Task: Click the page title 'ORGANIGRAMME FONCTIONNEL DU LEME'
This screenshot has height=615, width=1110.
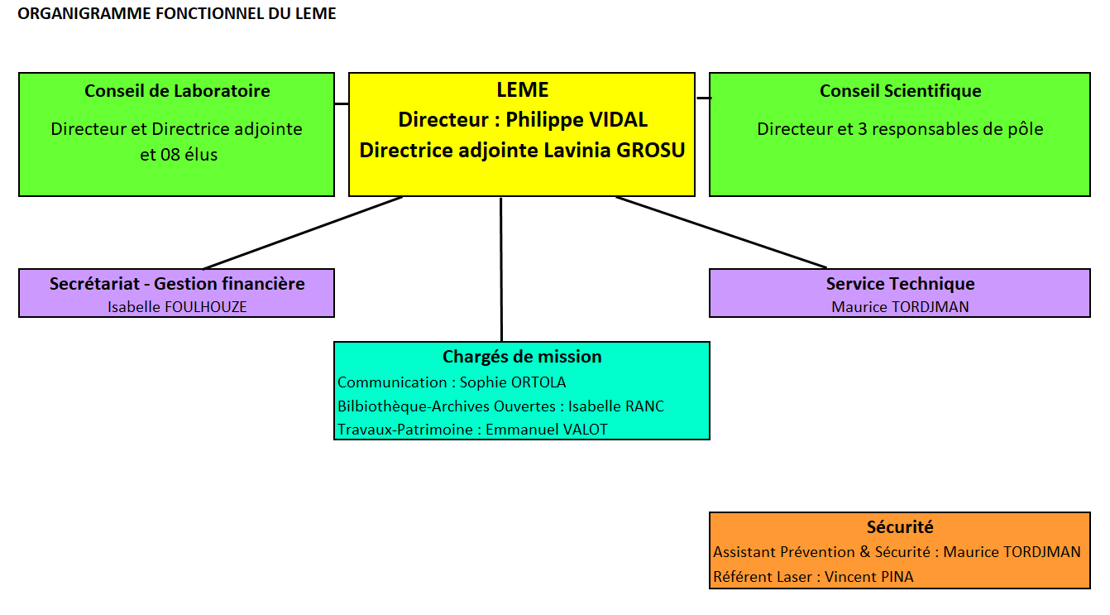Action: pyautogui.click(x=177, y=14)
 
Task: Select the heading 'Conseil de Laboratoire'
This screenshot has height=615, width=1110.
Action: pyautogui.click(x=177, y=91)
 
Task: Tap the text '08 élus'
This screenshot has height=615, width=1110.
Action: pyautogui.click(x=190, y=154)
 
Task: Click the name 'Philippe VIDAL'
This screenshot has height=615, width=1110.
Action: pyautogui.click(x=577, y=119)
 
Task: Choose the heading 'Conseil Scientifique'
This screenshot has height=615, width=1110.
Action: pyautogui.click(x=900, y=91)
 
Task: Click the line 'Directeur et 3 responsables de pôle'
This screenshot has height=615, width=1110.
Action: pyautogui.click(x=900, y=129)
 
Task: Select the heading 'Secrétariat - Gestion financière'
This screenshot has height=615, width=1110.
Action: pyautogui.click(x=177, y=284)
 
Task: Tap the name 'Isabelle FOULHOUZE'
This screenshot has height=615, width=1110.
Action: pyautogui.click(x=177, y=306)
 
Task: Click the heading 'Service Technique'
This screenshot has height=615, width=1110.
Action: pyautogui.click(x=900, y=284)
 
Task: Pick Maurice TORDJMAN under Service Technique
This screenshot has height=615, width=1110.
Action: pyautogui.click(x=900, y=306)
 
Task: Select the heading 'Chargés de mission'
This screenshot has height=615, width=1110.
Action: pyautogui.click(x=522, y=357)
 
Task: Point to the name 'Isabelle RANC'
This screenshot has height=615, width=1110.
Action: pyautogui.click(x=615, y=406)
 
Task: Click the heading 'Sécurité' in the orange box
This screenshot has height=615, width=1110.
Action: pyautogui.click(x=900, y=526)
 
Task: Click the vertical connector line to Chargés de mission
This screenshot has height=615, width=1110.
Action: pyautogui.click(x=500, y=269)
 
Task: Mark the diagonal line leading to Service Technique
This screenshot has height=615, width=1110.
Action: pyautogui.click(x=721, y=233)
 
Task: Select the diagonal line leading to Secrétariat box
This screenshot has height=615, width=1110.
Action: pyautogui.click(x=303, y=233)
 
